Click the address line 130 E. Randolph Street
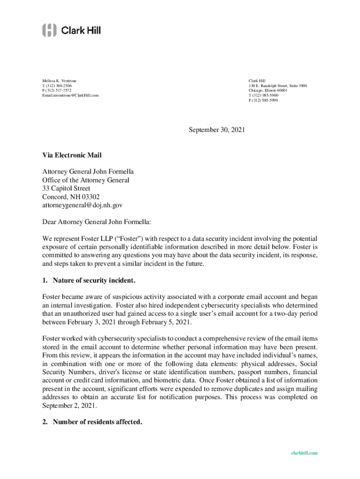278,86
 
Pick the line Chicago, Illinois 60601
268,91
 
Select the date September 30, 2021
217,131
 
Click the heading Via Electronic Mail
72,155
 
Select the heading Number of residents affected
97,422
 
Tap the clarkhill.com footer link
304,453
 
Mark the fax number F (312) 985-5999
263,100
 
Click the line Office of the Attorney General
86,180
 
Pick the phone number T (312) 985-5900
263,95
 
